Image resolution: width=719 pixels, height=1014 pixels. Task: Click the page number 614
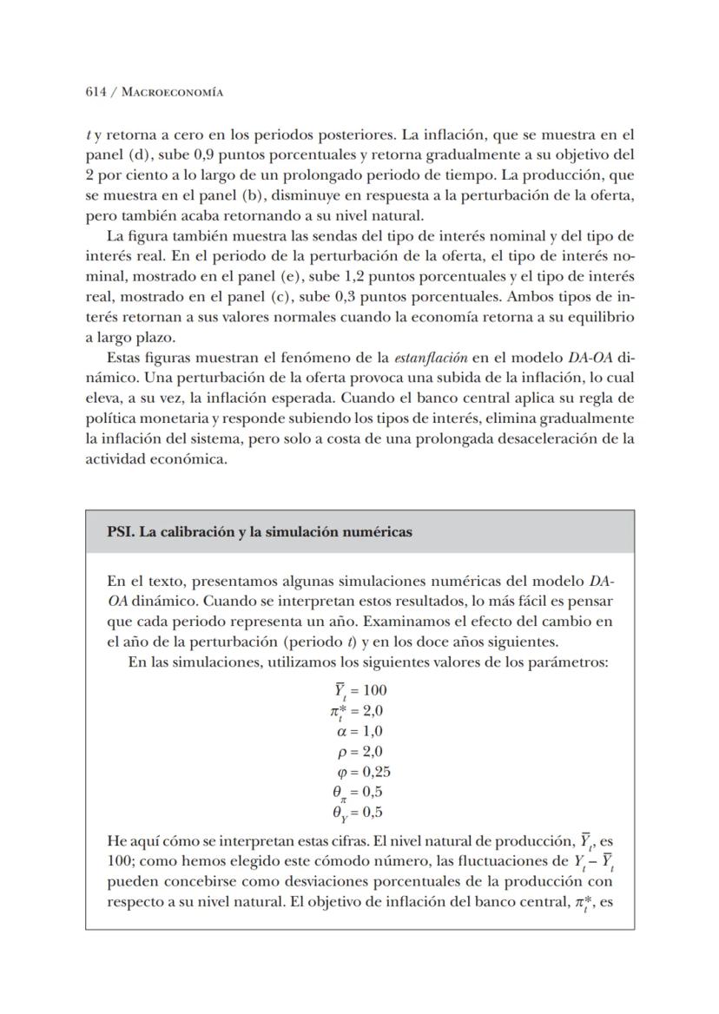tap(96, 92)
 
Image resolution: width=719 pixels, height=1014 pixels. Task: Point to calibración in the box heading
tap(188, 532)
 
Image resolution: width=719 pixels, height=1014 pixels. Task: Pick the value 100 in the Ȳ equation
tap(374, 691)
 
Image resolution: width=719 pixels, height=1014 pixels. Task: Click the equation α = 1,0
tap(359, 731)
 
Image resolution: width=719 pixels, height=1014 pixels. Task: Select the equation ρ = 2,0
tap(359, 752)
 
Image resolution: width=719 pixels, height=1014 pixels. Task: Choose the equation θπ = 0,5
tap(357, 793)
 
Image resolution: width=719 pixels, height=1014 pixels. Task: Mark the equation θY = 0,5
tap(357, 813)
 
